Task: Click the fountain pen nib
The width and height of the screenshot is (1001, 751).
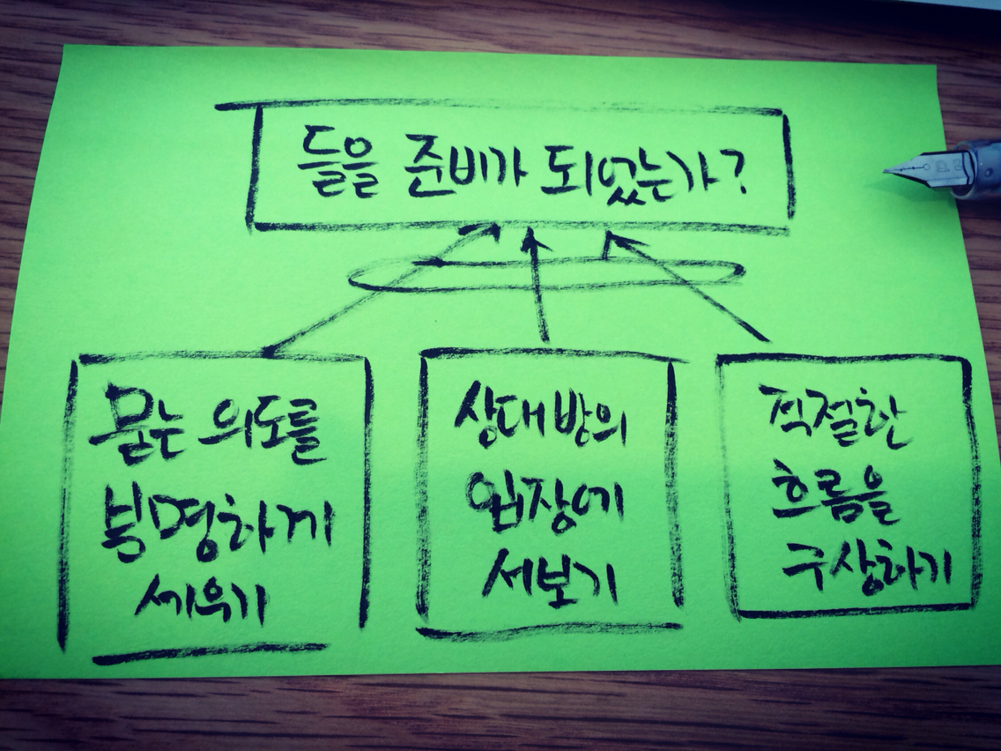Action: (x=916, y=167)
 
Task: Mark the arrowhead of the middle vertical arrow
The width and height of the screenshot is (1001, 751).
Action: (x=531, y=240)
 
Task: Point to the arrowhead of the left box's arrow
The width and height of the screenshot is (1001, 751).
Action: (x=484, y=232)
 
